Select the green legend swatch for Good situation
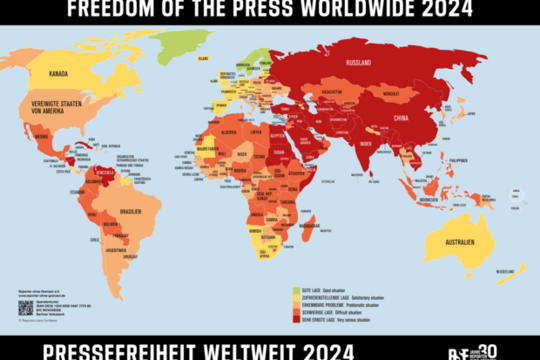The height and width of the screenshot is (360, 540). (296, 288)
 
